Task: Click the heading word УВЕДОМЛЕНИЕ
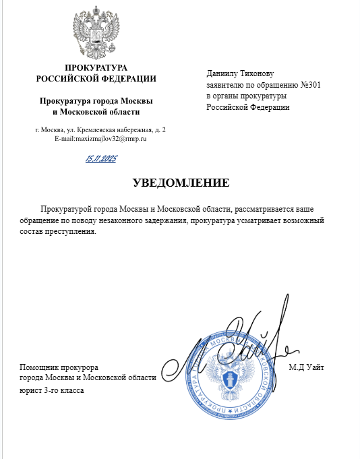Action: (x=180, y=183)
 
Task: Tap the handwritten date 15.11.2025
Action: (x=101, y=159)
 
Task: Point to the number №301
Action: (x=296, y=85)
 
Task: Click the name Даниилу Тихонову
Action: (x=241, y=73)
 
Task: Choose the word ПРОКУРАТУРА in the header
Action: (x=96, y=67)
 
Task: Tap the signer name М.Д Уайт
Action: (x=307, y=367)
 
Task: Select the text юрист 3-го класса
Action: (x=51, y=390)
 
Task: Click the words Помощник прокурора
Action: (x=59, y=367)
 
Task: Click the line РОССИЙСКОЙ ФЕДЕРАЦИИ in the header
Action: (x=96, y=78)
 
